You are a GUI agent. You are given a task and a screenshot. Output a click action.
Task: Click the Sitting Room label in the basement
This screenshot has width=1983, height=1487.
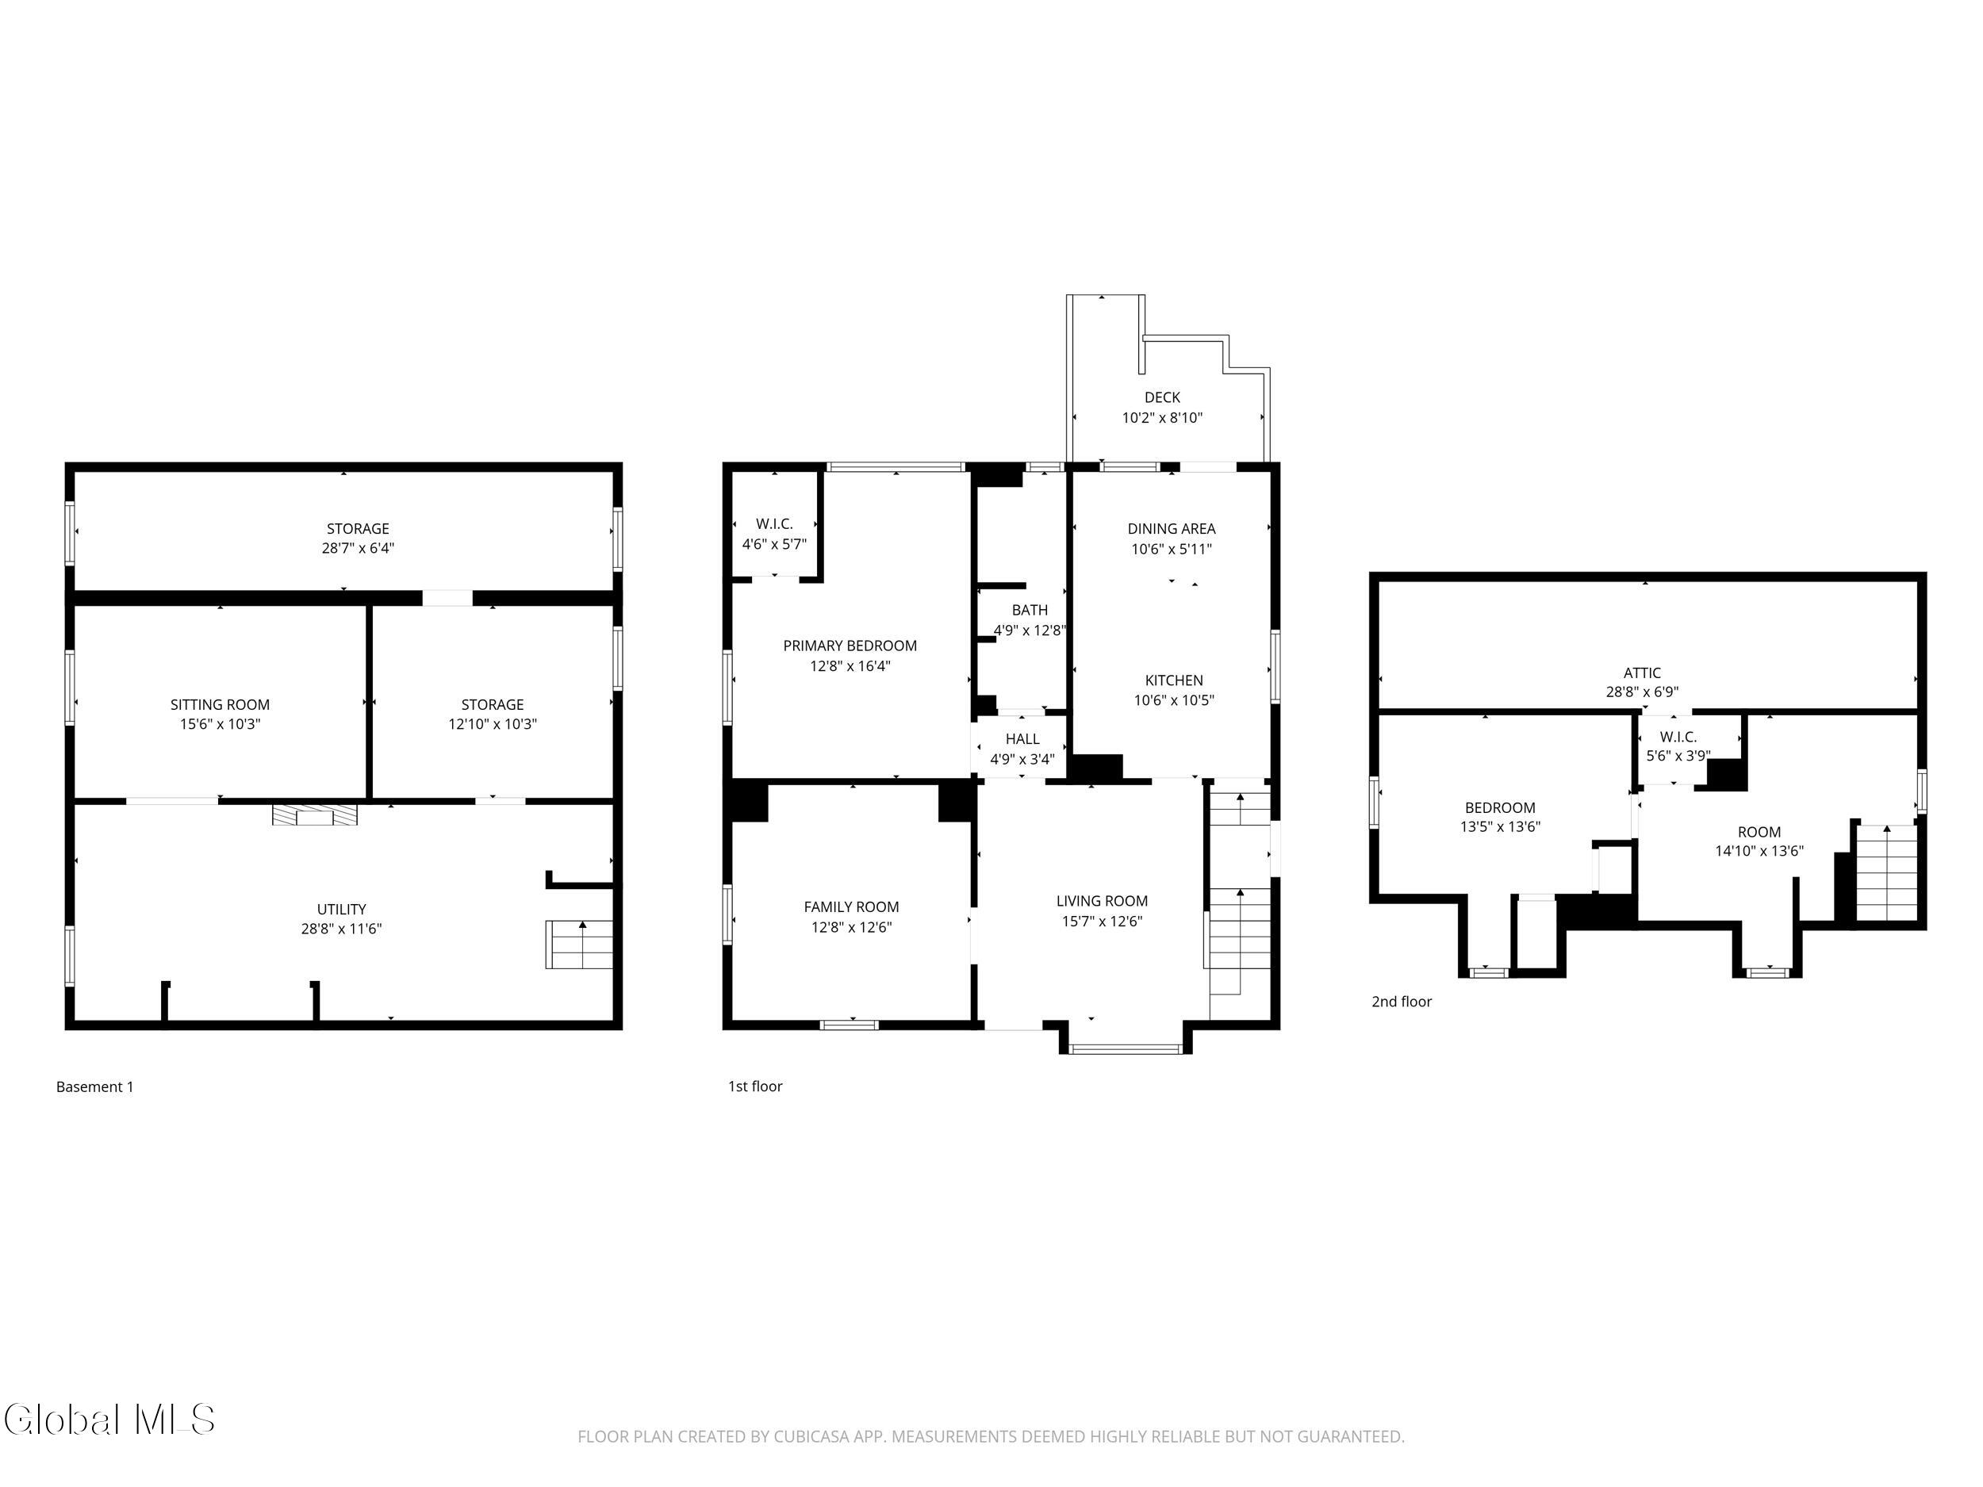[220, 704]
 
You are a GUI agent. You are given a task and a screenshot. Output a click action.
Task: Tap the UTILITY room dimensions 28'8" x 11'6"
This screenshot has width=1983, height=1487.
[342, 929]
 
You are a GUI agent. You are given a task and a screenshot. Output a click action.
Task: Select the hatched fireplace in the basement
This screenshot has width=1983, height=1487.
[315, 814]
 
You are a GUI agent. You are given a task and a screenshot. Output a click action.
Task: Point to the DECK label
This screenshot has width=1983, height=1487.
[1162, 397]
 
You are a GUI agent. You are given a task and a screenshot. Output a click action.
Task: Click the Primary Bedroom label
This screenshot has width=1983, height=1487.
[850, 646]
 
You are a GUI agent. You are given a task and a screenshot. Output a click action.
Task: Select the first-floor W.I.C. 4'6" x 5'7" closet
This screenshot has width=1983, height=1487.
[774, 533]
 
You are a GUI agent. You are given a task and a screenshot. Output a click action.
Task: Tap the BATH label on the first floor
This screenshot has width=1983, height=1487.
[1029, 610]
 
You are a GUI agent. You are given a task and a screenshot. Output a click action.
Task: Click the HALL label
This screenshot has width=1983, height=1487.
[1022, 738]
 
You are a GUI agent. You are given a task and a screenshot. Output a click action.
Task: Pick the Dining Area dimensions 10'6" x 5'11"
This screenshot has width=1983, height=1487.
[1171, 549]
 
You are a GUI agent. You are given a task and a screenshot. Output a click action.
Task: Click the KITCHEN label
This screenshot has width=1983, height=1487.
[1173, 680]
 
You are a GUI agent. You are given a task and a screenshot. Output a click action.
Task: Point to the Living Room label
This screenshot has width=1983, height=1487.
[1102, 901]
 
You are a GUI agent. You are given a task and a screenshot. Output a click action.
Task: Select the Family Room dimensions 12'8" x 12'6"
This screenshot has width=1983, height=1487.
[851, 927]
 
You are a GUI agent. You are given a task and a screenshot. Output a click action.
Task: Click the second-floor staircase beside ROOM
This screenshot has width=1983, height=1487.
[1888, 873]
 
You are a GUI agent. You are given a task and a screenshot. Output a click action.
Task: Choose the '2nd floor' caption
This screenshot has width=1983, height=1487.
[1402, 1001]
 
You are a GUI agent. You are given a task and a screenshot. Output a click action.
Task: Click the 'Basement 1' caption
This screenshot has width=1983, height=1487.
[94, 1087]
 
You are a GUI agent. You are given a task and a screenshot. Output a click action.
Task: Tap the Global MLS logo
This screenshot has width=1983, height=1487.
[109, 1419]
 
